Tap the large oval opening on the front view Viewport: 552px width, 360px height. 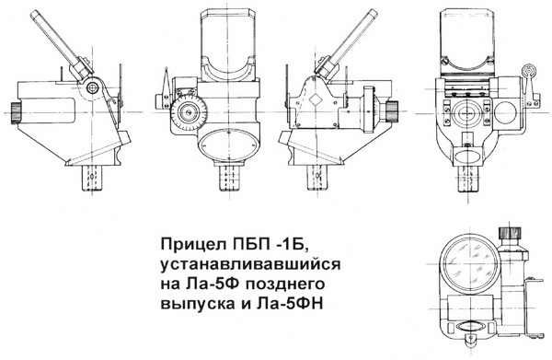pyautogui.click(x=223, y=144)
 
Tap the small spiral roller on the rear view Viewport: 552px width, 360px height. pyautogui.click(x=528, y=73)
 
